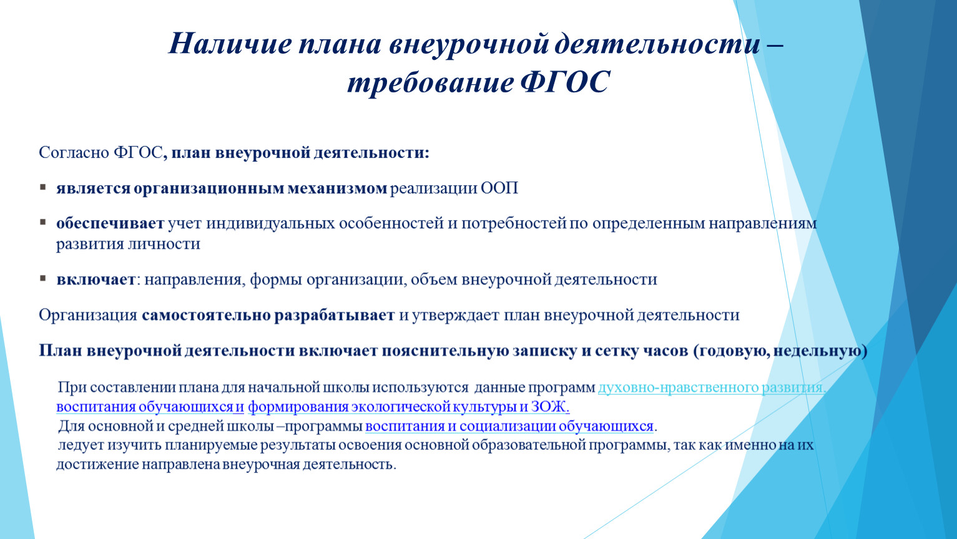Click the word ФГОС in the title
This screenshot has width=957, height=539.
[x=565, y=81]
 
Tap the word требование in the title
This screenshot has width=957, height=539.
[x=430, y=82]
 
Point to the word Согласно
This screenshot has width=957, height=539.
[x=74, y=152]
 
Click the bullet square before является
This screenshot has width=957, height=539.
[x=42, y=187]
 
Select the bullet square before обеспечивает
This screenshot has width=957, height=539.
[x=42, y=222]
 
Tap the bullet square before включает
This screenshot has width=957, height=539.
[x=42, y=278]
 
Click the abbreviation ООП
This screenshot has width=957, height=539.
[x=499, y=188]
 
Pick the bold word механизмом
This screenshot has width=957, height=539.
[x=337, y=188]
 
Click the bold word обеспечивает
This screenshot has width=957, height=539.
[x=110, y=223]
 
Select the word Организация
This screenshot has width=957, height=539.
[x=88, y=315]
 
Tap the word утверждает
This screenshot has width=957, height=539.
[x=456, y=315]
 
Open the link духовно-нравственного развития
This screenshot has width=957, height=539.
[x=712, y=387]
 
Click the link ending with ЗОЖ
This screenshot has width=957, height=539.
[x=408, y=407]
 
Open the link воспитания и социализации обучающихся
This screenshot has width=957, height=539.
[x=509, y=426]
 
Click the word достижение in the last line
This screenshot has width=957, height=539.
[x=97, y=464]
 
